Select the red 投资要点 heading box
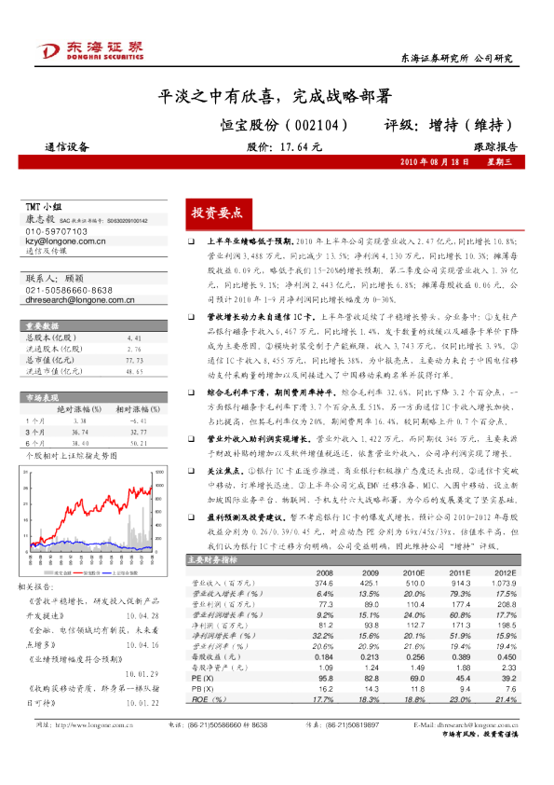[x=216, y=213]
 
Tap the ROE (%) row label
[x=201, y=673]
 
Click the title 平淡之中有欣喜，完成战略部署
[x=273, y=96]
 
